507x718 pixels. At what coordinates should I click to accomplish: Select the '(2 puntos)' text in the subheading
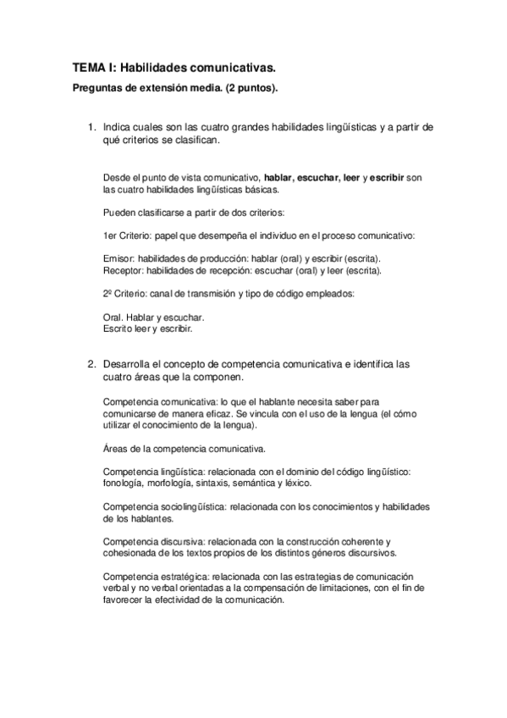coord(254,87)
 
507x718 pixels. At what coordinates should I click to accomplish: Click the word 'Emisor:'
coord(118,257)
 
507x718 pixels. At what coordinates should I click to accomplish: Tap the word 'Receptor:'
coord(123,271)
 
